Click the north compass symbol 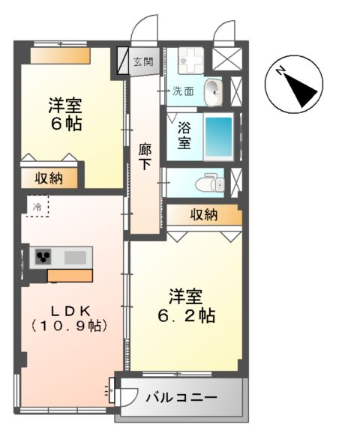(294, 84)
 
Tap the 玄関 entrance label (142, 62)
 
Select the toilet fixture (208, 182)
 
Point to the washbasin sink (212, 92)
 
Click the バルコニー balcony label (181, 396)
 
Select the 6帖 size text (66, 123)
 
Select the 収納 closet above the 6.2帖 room (203, 216)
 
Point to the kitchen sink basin (75, 257)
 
